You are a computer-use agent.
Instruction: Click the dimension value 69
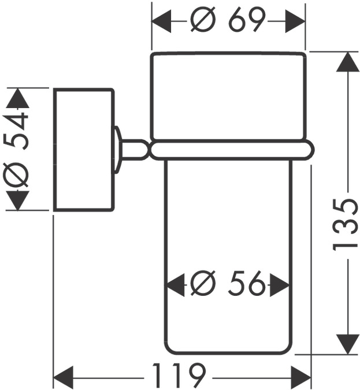tap(246, 21)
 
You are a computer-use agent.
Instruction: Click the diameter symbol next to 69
tap(202, 22)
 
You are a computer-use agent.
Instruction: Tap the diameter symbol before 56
tap(203, 284)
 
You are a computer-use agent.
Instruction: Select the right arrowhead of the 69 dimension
tap(296, 22)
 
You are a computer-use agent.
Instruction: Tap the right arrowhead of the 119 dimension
tap(302, 377)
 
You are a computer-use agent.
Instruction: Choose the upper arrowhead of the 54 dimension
tap(18, 98)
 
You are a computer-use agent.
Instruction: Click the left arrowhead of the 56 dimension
tap(175, 284)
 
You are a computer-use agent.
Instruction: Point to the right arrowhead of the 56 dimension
tap(280, 284)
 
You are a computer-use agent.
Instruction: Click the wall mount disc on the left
tap(83, 150)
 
